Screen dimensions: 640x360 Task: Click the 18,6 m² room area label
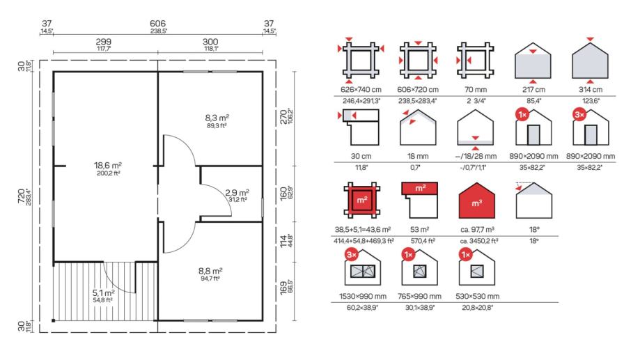pos(108,165)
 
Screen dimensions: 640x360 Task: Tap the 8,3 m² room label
pos(217,118)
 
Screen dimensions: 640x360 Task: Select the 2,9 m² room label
pos(237,192)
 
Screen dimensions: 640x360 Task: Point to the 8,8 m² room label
pos(210,271)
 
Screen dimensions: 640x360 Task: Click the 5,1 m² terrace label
pos(103,292)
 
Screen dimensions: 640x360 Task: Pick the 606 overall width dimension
pos(157,24)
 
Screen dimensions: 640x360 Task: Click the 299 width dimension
pos(103,42)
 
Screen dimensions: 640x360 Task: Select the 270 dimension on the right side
pos(283,118)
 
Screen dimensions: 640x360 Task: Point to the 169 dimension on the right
pos(283,288)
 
